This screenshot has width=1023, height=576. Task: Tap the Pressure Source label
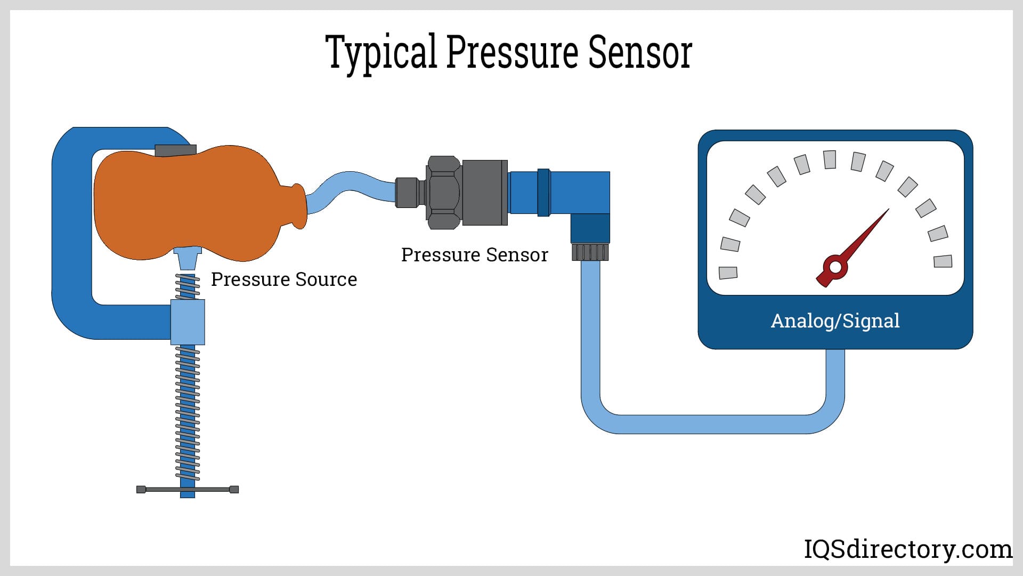[x=283, y=279]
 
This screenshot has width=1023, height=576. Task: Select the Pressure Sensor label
[x=474, y=255]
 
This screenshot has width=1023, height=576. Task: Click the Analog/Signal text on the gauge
[x=835, y=321]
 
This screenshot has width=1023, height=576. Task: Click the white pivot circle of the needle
[x=835, y=267]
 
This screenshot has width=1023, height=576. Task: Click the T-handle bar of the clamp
[x=188, y=490]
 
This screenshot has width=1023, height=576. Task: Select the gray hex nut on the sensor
[x=443, y=192]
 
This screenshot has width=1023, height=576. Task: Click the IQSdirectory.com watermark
[x=907, y=549]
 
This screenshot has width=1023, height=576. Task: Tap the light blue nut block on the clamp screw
[x=188, y=322]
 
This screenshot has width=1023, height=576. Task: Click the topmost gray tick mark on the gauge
[x=830, y=159]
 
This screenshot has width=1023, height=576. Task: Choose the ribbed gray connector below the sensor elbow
[x=590, y=252]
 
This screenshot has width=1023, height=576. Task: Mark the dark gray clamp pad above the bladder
[x=175, y=150]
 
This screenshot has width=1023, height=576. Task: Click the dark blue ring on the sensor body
[x=543, y=192]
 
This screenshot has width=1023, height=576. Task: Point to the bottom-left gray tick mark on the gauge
[x=728, y=273]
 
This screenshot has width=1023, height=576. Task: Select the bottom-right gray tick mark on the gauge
[x=943, y=261]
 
